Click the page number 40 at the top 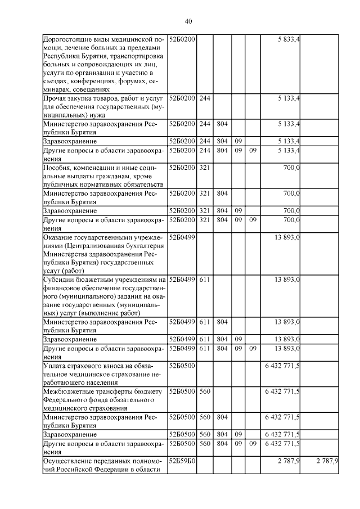tap(188, 21)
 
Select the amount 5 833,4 tap(289, 39)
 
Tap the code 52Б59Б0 tap(182, 461)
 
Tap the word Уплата tap(55, 366)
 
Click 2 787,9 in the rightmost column tap(327, 461)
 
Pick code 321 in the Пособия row tap(205, 168)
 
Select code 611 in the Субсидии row tap(205, 280)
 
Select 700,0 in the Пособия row tap(291, 168)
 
